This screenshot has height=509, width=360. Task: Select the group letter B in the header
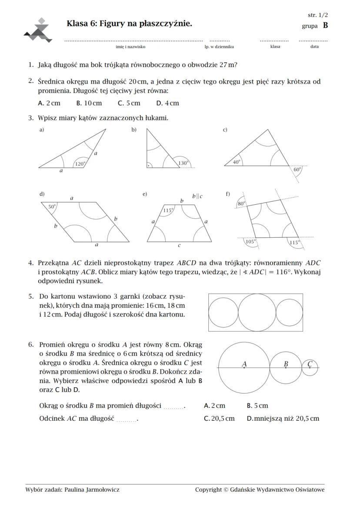(x=325, y=26)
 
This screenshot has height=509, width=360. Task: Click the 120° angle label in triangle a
(x=80, y=164)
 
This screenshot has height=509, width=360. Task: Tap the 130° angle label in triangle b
(x=183, y=163)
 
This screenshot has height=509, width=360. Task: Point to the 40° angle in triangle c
(x=236, y=162)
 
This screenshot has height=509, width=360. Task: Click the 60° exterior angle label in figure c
(x=297, y=169)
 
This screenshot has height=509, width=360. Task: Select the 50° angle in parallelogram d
(x=52, y=207)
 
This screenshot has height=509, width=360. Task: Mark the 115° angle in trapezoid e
(x=168, y=210)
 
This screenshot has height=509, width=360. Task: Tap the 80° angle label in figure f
(x=241, y=203)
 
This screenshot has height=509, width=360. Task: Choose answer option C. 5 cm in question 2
(x=129, y=103)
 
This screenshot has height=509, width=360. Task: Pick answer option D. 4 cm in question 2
(x=167, y=103)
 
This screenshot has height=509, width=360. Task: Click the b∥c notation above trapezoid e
(x=197, y=196)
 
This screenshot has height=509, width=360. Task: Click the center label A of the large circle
(x=244, y=364)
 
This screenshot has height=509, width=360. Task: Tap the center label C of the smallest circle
(x=310, y=364)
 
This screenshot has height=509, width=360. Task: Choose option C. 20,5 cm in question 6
(x=219, y=418)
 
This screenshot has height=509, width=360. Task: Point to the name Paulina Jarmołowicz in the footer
(x=92, y=489)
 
